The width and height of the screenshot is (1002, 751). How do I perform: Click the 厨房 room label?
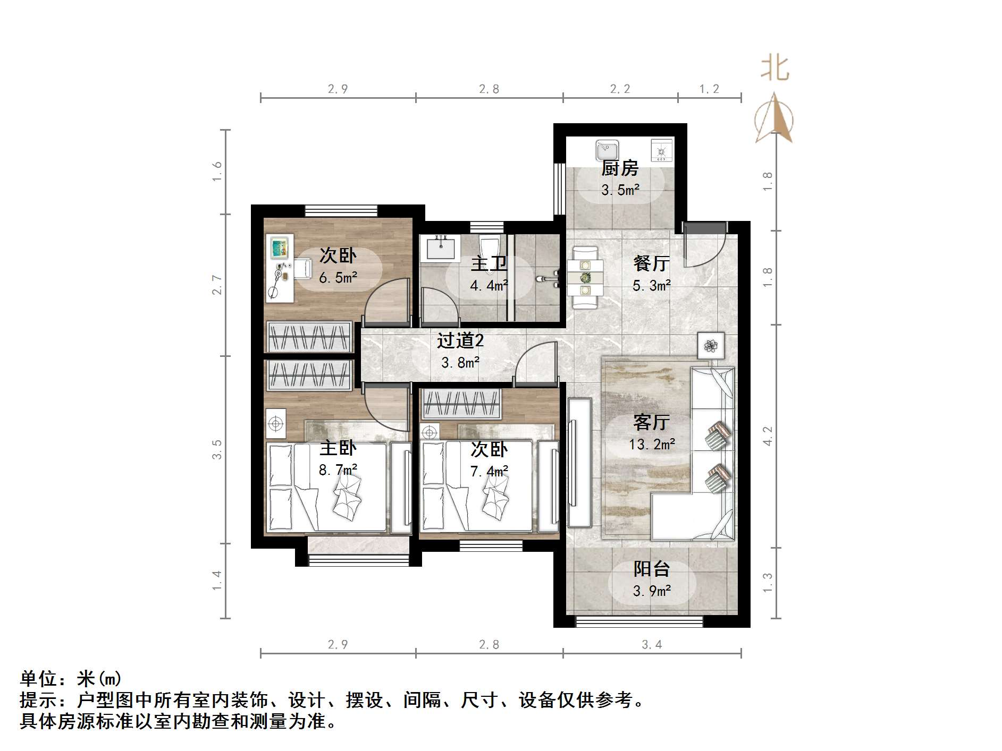tap(619, 169)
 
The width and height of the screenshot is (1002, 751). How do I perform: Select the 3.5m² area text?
tap(620, 190)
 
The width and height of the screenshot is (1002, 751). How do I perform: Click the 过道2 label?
tap(460, 340)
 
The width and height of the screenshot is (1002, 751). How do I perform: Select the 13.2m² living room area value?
tap(652, 445)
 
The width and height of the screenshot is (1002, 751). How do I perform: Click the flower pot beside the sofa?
tap(711, 346)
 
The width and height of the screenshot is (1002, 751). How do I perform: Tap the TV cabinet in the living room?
tap(578, 463)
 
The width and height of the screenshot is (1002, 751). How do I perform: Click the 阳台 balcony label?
tap(651, 569)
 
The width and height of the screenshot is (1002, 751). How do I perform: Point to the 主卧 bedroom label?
tap(338, 448)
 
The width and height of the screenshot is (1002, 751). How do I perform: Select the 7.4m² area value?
tap(489, 471)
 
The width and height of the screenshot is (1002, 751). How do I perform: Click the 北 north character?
tap(774, 69)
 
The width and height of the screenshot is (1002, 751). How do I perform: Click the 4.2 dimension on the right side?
tap(768, 436)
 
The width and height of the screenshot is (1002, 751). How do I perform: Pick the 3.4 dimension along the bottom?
tap(652, 645)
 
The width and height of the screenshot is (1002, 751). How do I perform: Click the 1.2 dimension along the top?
tap(709, 89)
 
